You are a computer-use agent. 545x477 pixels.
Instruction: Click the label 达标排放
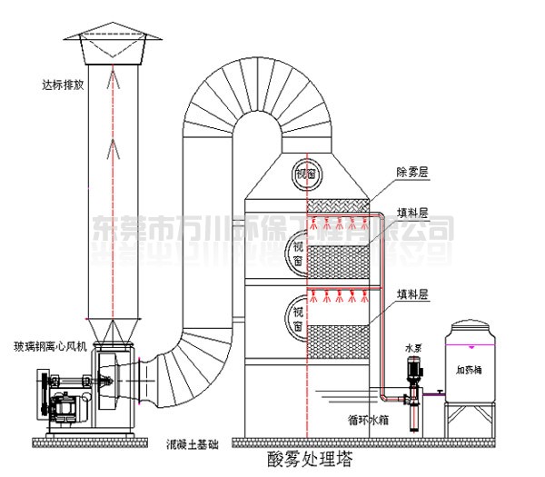coord(59,85)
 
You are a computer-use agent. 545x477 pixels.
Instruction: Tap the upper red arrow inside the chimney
coord(113,82)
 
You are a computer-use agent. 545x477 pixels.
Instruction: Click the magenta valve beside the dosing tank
coord(440,393)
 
